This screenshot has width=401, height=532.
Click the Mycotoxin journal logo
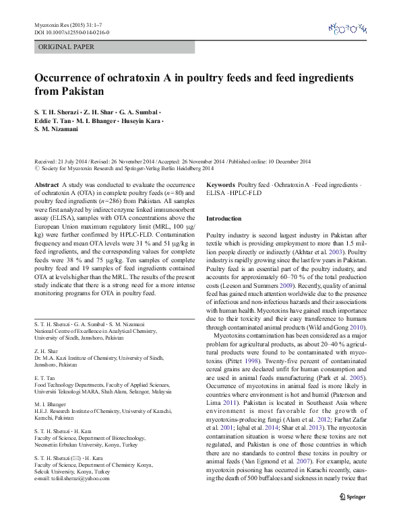(x=348, y=28)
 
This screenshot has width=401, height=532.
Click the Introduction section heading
(x=223, y=219)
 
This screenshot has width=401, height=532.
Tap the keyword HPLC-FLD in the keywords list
(x=247, y=192)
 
